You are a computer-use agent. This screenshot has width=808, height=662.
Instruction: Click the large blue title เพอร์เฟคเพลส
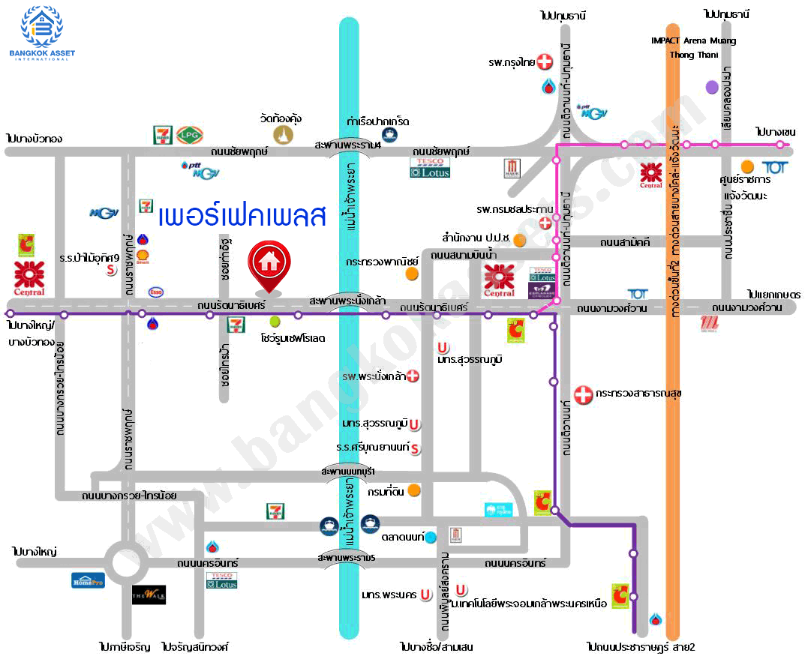click(242, 216)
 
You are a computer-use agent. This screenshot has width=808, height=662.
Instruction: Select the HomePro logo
click(88, 580)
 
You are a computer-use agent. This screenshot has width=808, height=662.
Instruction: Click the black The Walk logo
click(149, 595)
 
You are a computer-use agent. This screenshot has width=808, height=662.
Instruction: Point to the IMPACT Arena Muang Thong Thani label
click(692, 47)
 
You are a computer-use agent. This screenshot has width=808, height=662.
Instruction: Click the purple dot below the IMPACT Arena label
click(712, 87)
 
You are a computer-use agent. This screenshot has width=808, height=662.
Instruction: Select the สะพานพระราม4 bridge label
click(347, 145)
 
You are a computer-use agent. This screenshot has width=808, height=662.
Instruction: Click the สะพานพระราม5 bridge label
click(346, 559)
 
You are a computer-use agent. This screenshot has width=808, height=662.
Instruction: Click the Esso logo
click(157, 292)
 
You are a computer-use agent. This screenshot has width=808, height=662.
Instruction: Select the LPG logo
click(187, 135)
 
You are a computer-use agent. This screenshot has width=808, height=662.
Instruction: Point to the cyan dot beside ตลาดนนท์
click(430, 538)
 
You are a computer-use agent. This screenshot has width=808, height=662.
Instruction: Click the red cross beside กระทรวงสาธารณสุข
click(582, 393)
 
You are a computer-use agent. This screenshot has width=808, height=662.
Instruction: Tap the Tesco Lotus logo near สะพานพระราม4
click(430, 167)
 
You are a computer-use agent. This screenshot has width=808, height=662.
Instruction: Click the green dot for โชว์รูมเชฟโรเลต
click(274, 322)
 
